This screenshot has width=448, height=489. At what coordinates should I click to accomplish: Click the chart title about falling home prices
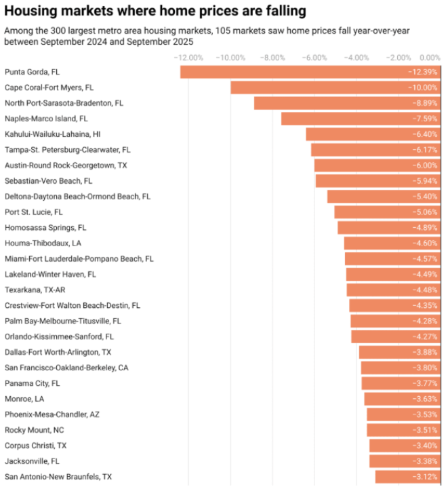[x=155, y=12]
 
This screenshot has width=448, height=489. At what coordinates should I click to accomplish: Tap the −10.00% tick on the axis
[x=230, y=58]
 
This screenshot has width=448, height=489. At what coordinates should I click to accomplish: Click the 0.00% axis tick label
[x=430, y=58]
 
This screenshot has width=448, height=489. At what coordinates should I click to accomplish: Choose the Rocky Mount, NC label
[x=35, y=430]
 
